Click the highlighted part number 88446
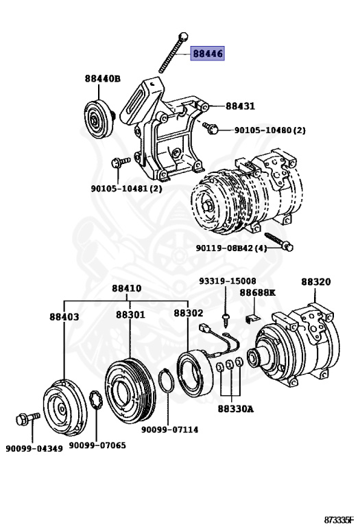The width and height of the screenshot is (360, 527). (207, 54)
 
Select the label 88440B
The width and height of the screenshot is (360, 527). (103, 79)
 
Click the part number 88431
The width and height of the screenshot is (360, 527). (240, 106)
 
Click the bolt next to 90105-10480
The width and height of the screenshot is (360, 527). (210, 127)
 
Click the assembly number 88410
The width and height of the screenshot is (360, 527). (127, 288)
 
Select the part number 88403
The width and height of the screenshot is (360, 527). (64, 316)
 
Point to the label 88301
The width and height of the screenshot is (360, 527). (130, 314)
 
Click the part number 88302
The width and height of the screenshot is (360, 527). (188, 312)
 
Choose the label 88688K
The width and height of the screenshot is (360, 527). (257, 292)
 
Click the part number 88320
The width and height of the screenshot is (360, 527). (316, 281)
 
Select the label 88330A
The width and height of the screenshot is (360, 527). (236, 409)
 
